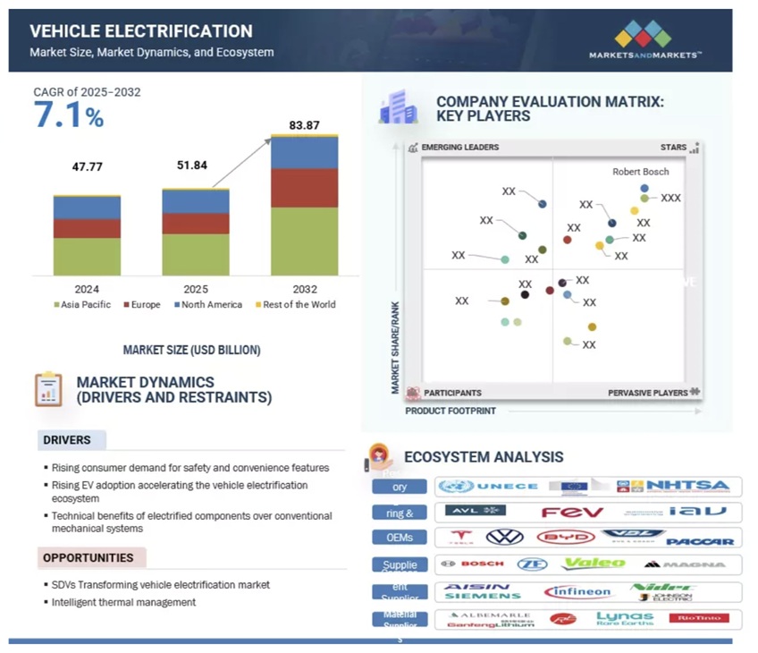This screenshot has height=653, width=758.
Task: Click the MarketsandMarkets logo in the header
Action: point(644,40)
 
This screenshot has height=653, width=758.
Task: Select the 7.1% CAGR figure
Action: point(69,115)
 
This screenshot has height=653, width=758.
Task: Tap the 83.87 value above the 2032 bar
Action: point(304,124)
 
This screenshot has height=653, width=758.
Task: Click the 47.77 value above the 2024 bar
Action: point(87,166)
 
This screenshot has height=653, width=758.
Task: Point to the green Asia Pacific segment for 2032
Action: point(304,242)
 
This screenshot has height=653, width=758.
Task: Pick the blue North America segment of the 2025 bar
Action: point(195,201)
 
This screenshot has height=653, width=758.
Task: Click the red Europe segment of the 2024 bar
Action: point(87,229)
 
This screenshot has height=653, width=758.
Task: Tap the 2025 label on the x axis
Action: point(195,289)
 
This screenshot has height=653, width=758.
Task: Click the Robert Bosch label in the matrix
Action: point(640,172)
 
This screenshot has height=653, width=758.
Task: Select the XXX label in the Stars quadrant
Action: point(670,198)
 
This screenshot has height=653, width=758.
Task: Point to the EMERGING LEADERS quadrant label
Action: point(459,147)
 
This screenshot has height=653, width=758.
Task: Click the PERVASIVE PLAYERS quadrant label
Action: point(648,393)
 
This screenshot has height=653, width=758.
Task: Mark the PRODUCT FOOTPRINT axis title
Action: point(450,411)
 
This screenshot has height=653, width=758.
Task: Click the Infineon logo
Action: point(577,592)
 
